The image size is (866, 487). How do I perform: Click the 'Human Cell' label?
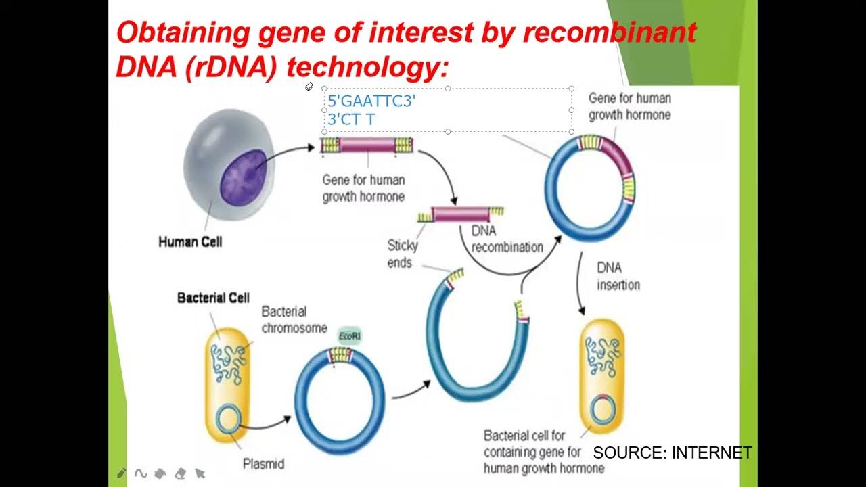click(189, 241)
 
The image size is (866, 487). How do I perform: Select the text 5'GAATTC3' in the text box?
click(371, 102)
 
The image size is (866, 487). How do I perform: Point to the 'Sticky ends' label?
click(402, 254)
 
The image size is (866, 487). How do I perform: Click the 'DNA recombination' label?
click(507, 239)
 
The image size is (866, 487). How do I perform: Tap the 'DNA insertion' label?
click(618, 276)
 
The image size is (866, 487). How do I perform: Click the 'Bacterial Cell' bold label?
click(213, 298)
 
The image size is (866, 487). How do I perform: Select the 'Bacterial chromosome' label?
click(294, 319)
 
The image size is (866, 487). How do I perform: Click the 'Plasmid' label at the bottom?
click(263, 464)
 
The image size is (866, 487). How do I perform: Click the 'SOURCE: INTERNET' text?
click(672, 453)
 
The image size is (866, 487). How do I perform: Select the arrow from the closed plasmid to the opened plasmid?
click(411, 389)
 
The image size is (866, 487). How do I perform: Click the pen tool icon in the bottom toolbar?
click(122, 473)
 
